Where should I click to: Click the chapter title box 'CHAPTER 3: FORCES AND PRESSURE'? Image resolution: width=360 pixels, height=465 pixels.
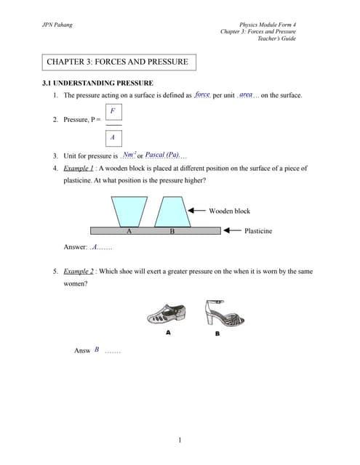click(x=117, y=62)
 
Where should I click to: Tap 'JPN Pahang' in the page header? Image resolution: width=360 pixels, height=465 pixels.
click(x=60, y=25)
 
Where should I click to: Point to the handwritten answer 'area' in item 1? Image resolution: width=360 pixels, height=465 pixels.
click(x=246, y=95)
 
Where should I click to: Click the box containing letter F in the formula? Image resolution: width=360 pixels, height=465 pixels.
click(x=112, y=110)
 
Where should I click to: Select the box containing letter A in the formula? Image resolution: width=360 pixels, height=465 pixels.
click(x=112, y=137)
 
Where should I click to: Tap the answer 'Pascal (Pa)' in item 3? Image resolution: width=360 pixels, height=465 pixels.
click(x=162, y=155)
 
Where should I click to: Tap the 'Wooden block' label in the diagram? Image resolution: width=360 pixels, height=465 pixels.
click(x=229, y=211)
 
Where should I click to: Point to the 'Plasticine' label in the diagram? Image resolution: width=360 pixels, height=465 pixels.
click(x=258, y=230)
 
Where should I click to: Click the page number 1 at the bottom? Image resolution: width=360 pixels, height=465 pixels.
click(x=180, y=440)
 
